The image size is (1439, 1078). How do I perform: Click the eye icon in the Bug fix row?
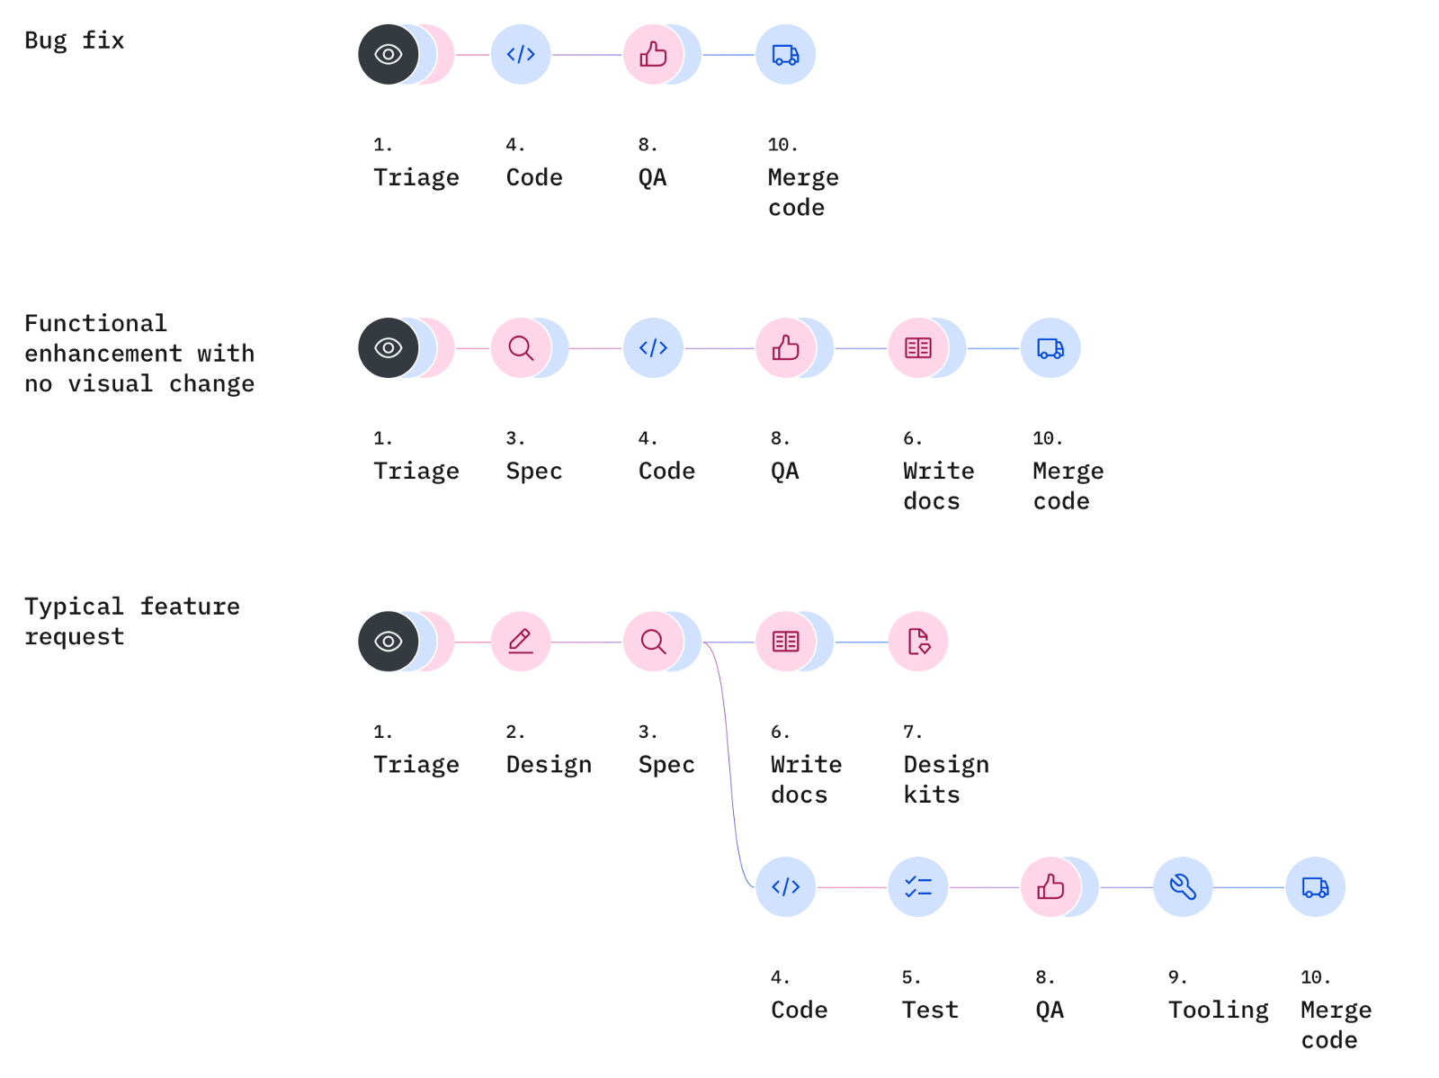tap(388, 55)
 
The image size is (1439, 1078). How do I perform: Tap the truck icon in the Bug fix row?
tap(785, 55)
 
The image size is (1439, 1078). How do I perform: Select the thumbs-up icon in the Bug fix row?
tap(653, 55)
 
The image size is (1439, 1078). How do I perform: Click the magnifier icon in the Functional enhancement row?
tap(521, 347)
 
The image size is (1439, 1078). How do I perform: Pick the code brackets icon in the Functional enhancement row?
tap(653, 347)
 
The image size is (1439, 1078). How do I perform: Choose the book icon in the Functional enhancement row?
tap(917, 347)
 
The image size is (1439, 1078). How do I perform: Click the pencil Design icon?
tap(521, 641)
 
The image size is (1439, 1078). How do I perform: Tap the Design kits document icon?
tap(917, 641)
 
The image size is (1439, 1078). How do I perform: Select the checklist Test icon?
tap(917, 886)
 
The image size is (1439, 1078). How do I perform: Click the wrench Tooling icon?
tap(1183, 886)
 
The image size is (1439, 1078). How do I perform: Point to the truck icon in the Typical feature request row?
tap(1315, 886)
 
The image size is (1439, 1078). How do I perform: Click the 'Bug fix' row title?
tap(74, 40)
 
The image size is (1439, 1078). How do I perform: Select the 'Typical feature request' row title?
tap(131, 621)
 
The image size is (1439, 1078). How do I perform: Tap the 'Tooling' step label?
tap(1218, 1010)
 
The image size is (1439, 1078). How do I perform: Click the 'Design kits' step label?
tap(945, 779)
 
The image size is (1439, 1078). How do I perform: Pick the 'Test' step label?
tap(930, 1010)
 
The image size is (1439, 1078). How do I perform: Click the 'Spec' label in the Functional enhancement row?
tap(534, 471)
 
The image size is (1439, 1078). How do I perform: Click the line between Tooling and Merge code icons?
tap(1248, 887)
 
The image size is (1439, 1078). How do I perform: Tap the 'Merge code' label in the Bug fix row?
tap(802, 192)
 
